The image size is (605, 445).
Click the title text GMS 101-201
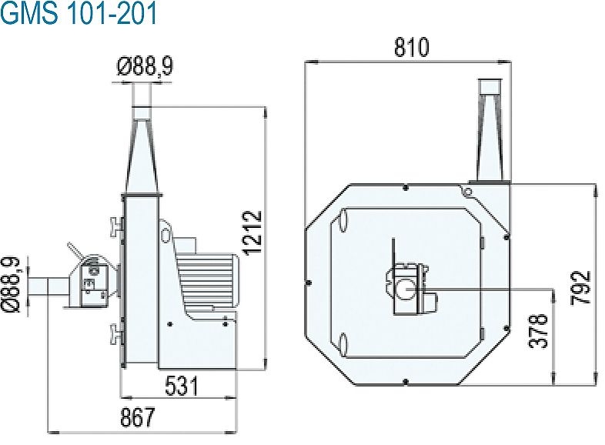[x=79, y=14]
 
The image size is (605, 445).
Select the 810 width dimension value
[x=411, y=47]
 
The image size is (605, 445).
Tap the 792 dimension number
[x=585, y=286]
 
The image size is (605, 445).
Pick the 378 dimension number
[x=542, y=330]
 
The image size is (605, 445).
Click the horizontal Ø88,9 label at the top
[x=145, y=68]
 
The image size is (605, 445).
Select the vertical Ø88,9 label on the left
[x=13, y=286]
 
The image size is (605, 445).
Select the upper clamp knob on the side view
[x=115, y=226]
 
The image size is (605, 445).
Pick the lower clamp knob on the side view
[x=115, y=333]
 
